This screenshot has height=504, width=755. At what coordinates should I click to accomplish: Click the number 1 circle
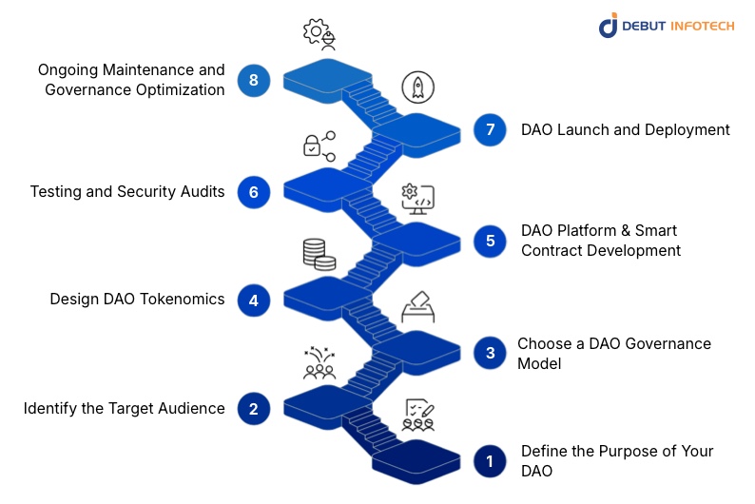(x=490, y=462)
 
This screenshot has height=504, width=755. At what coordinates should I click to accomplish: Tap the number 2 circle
(x=254, y=409)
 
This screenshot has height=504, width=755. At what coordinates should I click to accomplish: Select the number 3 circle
(x=490, y=354)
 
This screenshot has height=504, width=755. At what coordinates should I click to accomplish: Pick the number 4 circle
(x=254, y=300)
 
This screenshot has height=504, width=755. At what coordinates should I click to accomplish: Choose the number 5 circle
(x=490, y=241)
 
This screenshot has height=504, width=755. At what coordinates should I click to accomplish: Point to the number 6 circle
(x=254, y=192)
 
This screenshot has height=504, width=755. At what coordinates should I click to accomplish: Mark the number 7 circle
(x=490, y=130)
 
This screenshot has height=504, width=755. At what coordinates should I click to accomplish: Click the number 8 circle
(x=254, y=80)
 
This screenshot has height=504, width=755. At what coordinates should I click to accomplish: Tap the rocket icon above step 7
(x=417, y=87)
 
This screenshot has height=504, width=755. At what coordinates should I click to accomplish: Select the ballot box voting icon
(x=417, y=307)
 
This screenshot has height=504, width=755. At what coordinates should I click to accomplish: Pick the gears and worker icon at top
(x=319, y=34)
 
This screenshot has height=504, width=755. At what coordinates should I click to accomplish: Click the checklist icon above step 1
(x=418, y=415)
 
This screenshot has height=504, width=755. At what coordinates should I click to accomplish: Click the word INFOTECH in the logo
(x=698, y=26)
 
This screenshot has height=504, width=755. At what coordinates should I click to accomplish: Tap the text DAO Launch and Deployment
(x=625, y=130)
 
